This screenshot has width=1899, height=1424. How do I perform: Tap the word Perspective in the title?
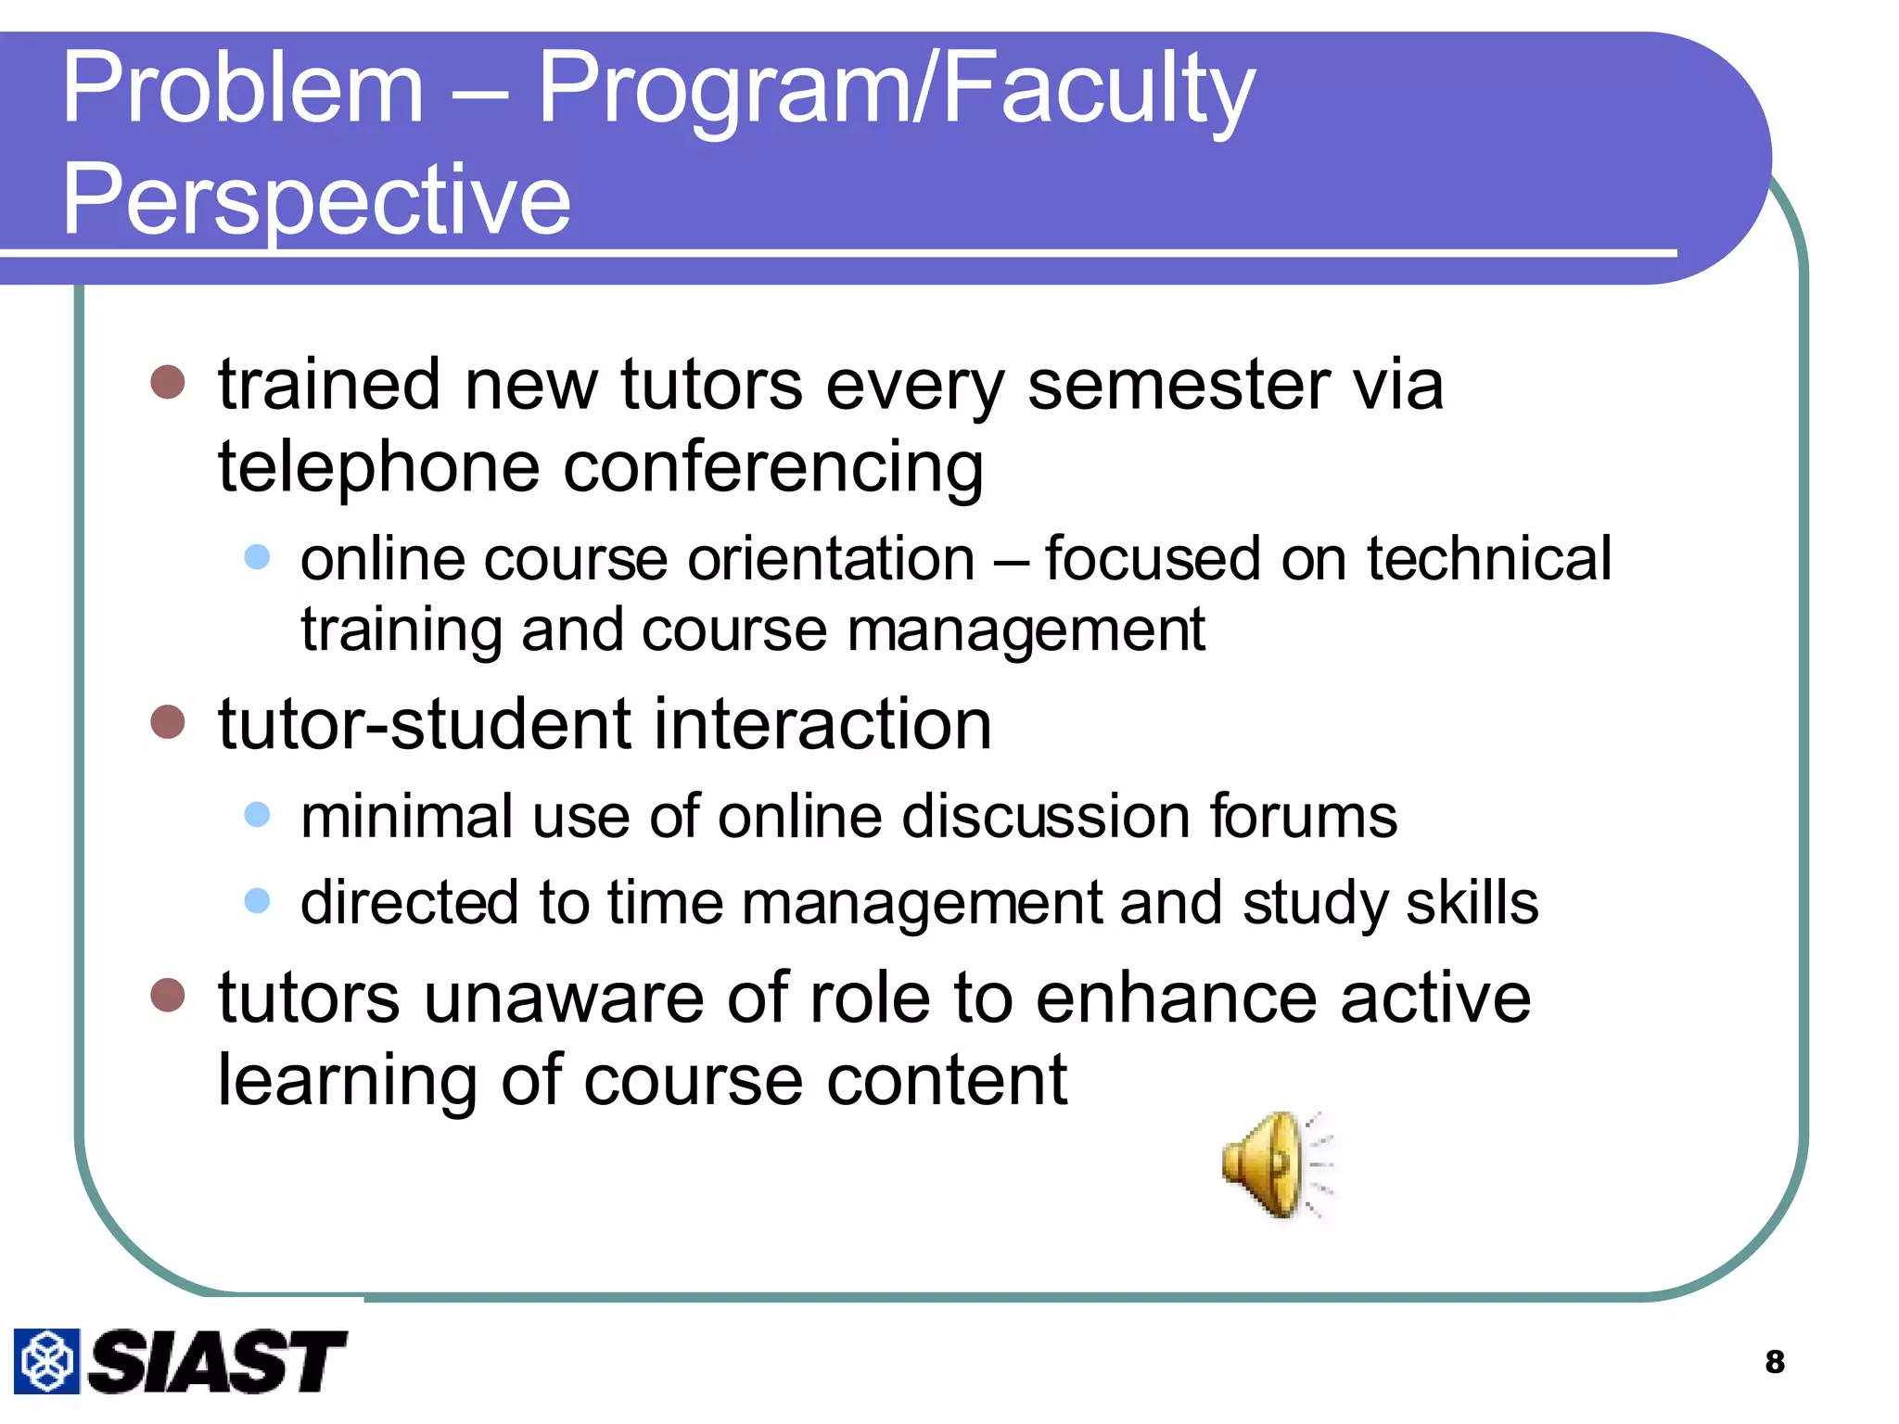316,199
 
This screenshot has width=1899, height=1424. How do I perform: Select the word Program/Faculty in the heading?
896,91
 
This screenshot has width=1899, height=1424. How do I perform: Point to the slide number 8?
1775,1362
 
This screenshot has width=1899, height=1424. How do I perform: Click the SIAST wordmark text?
217,1362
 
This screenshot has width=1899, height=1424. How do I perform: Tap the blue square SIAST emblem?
46,1361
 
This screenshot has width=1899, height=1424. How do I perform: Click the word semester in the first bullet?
1178,385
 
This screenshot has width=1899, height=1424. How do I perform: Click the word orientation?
831,560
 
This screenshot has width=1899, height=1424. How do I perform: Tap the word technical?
1489,559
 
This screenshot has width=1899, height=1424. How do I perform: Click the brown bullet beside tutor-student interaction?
168,722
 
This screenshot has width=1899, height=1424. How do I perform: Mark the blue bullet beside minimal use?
257,815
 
